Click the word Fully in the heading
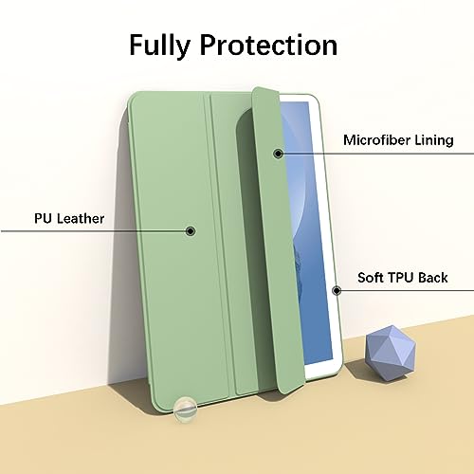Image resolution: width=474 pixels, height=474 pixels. pos(159,46)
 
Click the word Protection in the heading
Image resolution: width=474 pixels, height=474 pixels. pos(268,45)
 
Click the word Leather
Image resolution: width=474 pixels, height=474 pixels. pos(81,219)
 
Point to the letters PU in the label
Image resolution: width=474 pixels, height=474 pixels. pos(43,219)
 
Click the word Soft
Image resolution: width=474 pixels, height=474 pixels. pos(370,278)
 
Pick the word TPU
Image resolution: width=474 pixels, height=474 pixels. pos(400,278)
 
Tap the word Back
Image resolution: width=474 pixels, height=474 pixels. pos(433,278)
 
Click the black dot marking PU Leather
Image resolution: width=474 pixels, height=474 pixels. pos(190,231)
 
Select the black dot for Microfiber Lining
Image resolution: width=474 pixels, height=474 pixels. pos(278,154)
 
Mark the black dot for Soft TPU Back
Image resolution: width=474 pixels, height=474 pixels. pos(337,290)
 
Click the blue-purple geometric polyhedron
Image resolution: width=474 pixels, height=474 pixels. pos(391,353)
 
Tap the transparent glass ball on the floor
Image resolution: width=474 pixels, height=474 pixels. pos(186,410)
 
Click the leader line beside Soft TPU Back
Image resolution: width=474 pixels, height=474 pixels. pos(406,290)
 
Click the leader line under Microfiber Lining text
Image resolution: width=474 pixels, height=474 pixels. pos(376,154)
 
